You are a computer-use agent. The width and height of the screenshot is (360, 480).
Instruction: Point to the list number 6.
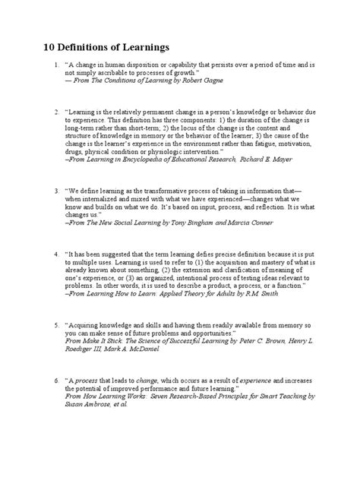55,377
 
